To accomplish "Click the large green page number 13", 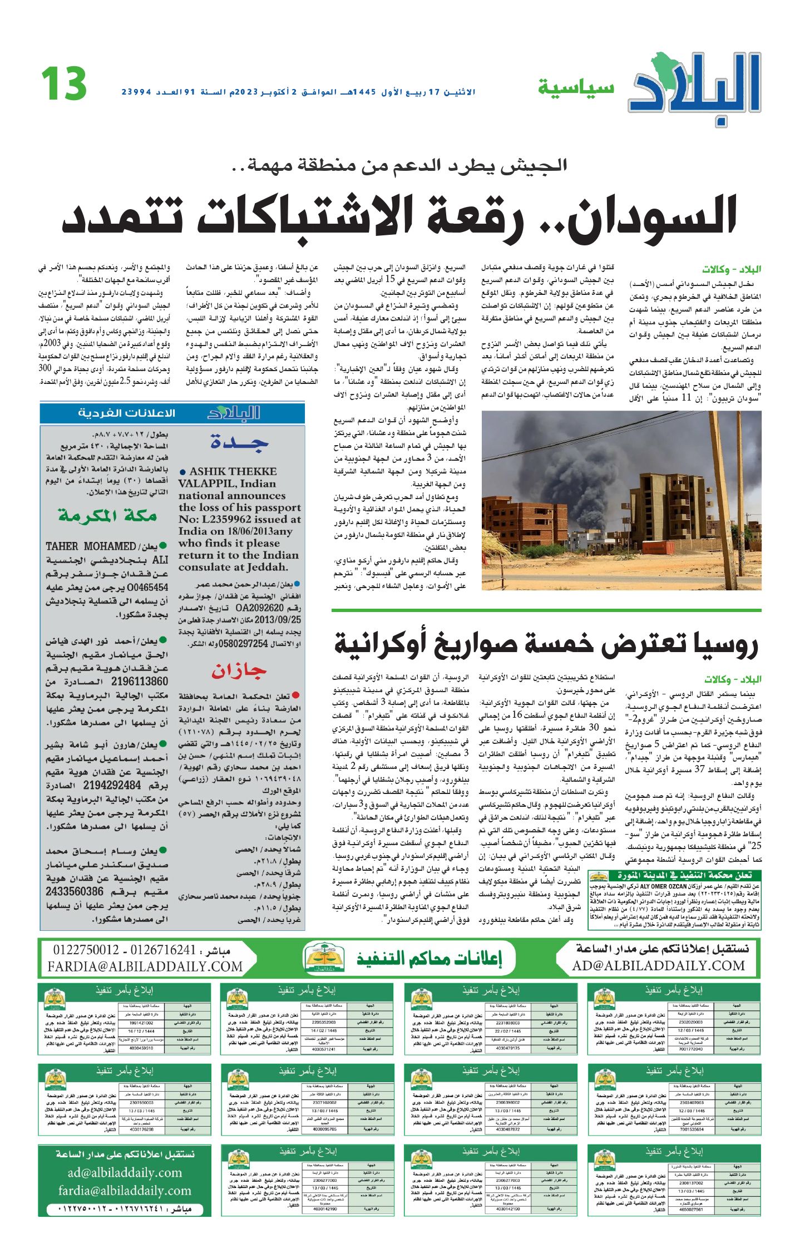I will click(x=64, y=84).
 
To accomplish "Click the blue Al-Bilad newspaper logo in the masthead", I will click(x=695, y=87).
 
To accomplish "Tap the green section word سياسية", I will click(x=576, y=88).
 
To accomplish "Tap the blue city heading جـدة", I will click(x=240, y=443).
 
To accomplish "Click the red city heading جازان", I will click(x=239, y=672).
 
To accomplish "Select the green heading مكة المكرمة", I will click(x=107, y=516).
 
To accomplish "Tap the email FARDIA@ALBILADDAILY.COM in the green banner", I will click(x=145, y=967).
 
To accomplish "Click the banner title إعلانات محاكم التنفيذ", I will click(x=428, y=959).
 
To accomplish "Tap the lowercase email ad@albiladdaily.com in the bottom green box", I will click(x=125, y=1172).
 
